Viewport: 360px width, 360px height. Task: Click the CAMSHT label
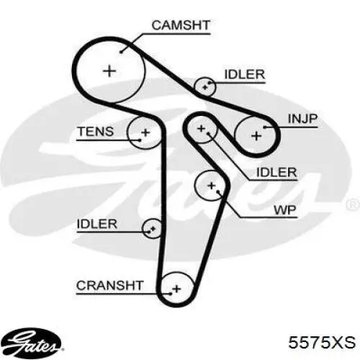[181, 25]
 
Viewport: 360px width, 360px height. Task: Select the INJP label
[302, 118]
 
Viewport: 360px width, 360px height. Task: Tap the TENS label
[96, 131]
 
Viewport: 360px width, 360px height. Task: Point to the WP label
[285, 210]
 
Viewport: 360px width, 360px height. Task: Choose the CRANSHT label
[109, 285]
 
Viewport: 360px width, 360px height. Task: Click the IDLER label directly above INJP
[245, 74]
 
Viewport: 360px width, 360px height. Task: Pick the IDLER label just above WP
[276, 172]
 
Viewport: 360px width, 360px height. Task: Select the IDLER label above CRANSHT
[96, 224]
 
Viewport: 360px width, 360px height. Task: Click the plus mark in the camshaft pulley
[109, 71]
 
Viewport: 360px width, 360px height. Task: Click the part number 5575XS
[322, 342]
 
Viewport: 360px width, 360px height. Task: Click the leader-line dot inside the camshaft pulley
[121, 52]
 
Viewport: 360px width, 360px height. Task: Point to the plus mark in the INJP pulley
[256, 136]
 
